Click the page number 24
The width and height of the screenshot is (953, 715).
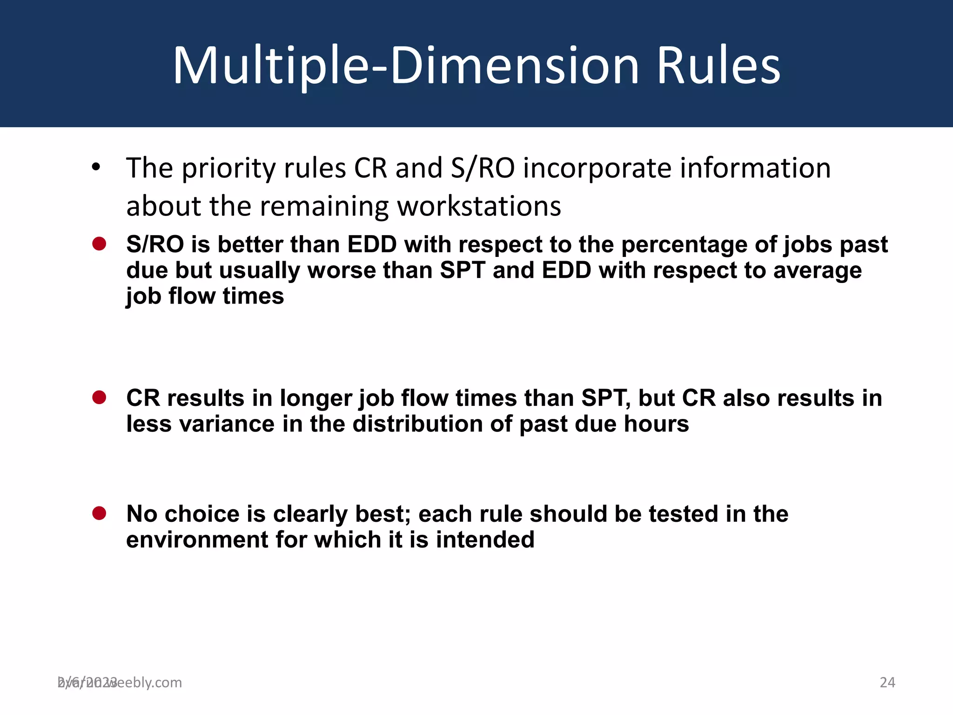[887, 682]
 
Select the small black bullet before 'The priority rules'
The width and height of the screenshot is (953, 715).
[96, 167]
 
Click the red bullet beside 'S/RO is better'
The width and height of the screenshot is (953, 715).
[99, 243]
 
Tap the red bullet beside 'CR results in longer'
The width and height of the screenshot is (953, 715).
[99, 397]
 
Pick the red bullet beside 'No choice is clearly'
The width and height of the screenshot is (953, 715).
[99, 513]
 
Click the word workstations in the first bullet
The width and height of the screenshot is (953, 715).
[479, 206]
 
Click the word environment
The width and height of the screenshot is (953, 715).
[197, 540]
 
